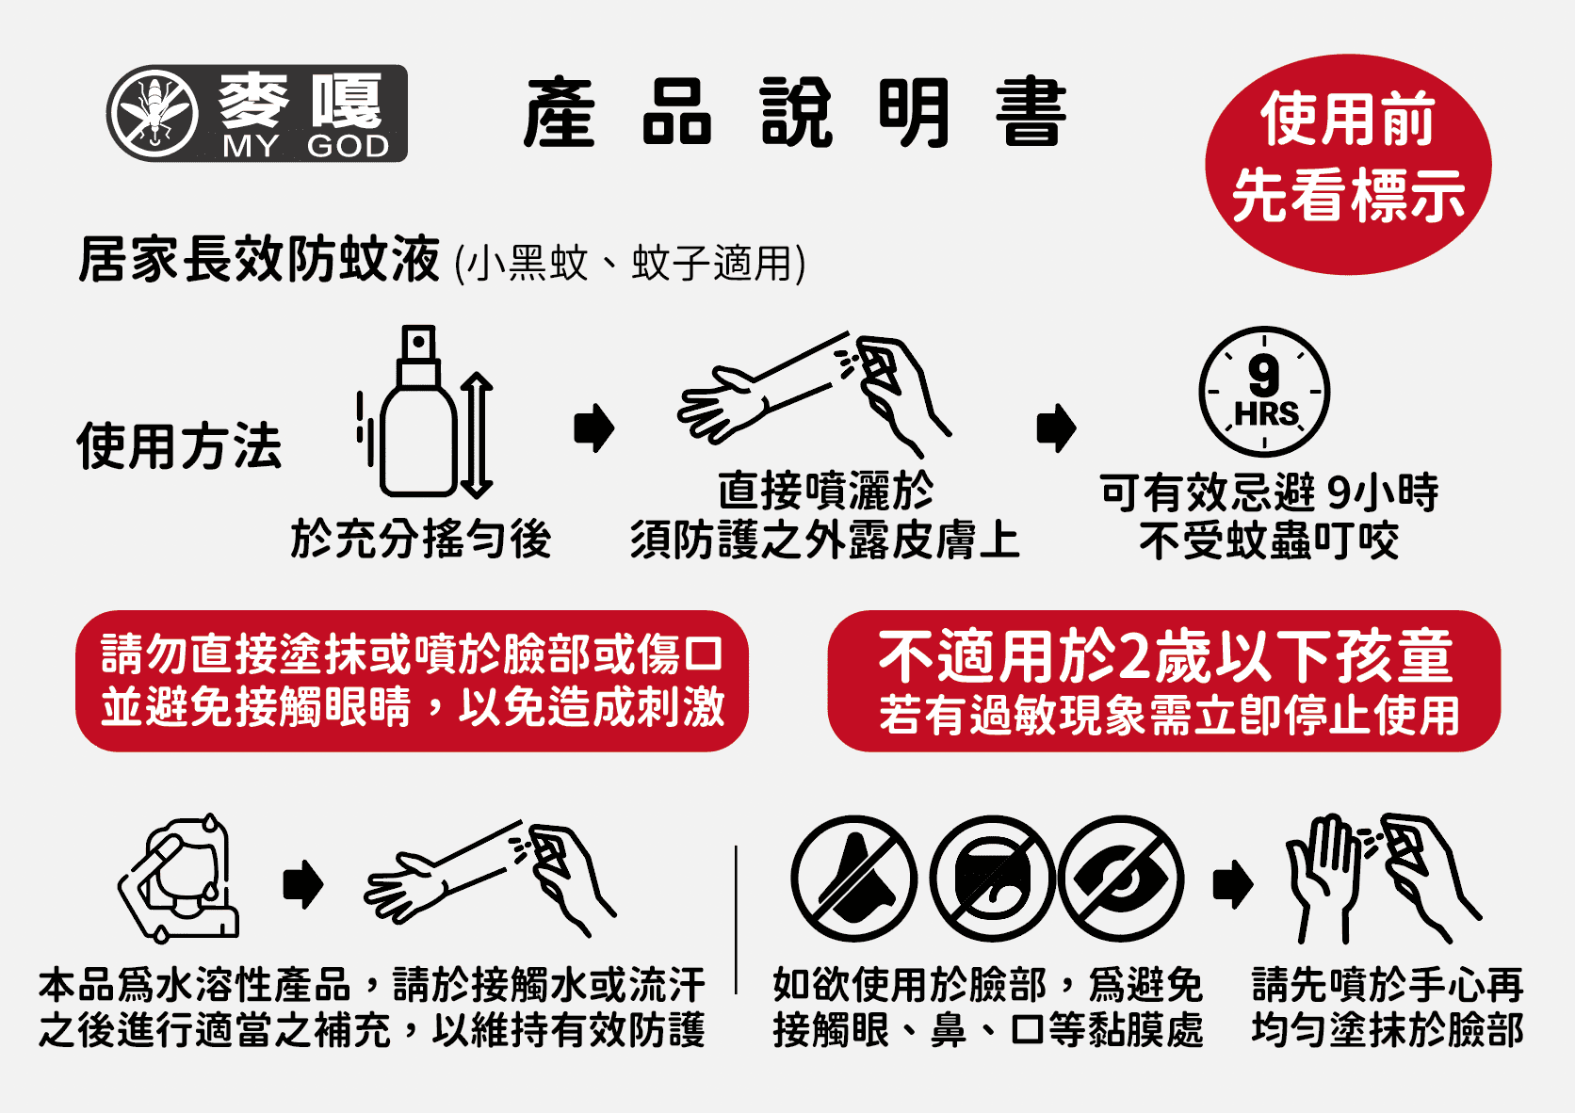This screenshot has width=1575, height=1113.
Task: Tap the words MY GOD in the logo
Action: point(306,146)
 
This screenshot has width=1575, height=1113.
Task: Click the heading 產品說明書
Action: point(795,112)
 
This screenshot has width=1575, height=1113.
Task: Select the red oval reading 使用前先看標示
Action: point(1348,164)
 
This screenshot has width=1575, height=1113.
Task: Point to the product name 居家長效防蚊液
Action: point(259,259)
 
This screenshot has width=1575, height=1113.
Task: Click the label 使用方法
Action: point(179,445)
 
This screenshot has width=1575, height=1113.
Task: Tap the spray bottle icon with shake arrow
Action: point(424,411)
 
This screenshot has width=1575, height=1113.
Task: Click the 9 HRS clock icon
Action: point(1263,392)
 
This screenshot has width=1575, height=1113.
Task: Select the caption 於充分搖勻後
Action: point(421,539)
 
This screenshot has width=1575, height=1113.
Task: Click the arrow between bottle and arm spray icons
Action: point(594,427)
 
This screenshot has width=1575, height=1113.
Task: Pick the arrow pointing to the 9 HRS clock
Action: point(1056,427)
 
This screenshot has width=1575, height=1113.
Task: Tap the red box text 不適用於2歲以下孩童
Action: point(1165,656)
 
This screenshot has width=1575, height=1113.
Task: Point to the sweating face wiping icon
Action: point(179,879)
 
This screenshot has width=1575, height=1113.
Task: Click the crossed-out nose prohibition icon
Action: point(853,879)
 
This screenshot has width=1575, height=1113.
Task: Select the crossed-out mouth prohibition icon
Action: point(993,879)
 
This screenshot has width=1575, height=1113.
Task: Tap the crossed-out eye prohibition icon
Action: point(1121,879)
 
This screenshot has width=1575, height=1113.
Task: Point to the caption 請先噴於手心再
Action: point(1388,984)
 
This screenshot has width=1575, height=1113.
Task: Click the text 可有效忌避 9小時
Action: point(1269,492)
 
